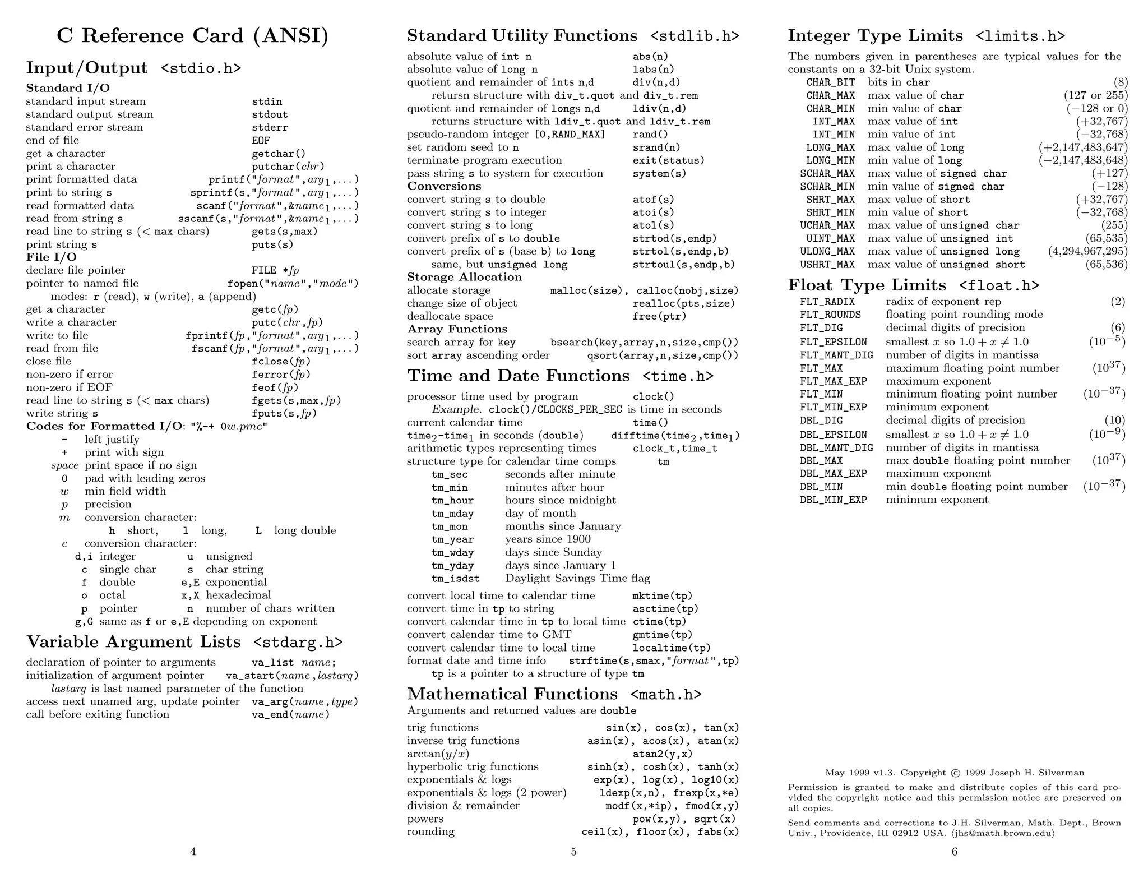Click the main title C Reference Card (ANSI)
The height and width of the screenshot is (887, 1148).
point(192,36)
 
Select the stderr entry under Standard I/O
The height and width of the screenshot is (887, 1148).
point(270,128)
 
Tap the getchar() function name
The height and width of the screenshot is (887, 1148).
point(279,154)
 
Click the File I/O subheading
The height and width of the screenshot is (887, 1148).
point(51,257)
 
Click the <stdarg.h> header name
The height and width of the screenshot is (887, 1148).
point(298,643)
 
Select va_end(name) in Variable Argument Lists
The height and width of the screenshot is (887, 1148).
point(290,715)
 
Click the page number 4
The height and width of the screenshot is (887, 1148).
point(193,852)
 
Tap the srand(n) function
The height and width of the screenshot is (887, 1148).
point(656,147)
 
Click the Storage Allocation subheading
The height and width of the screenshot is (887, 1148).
point(464,277)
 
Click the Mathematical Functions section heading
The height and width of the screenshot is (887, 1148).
point(512,694)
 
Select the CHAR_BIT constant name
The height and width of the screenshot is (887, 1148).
point(830,82)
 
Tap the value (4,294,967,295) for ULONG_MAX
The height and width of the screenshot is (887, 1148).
point(1087,252)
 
